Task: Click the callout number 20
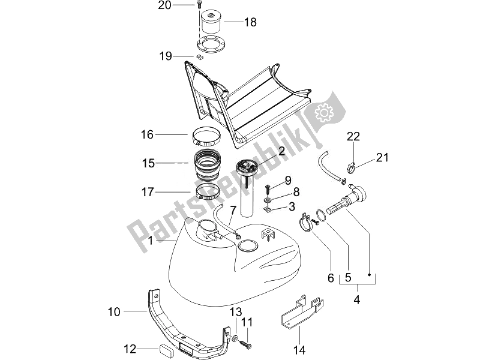148,5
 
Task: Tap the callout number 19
166,56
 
